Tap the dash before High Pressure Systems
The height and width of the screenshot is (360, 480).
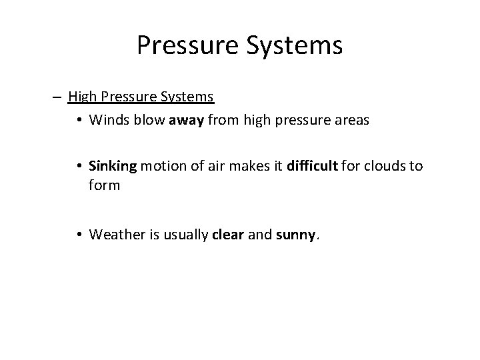pos(57,97)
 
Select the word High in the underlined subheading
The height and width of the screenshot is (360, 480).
pos(82,97)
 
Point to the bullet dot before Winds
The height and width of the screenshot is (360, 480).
pos(79,121)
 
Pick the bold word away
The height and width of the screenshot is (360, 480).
pos(177,121)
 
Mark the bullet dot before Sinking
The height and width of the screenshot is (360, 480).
pos(79,165)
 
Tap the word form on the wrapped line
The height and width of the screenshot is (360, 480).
pos(103,185)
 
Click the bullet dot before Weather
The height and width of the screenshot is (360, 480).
pos(79,234)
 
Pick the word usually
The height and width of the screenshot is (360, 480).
pos(183,234)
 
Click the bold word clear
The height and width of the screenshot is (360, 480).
pos(229,234)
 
